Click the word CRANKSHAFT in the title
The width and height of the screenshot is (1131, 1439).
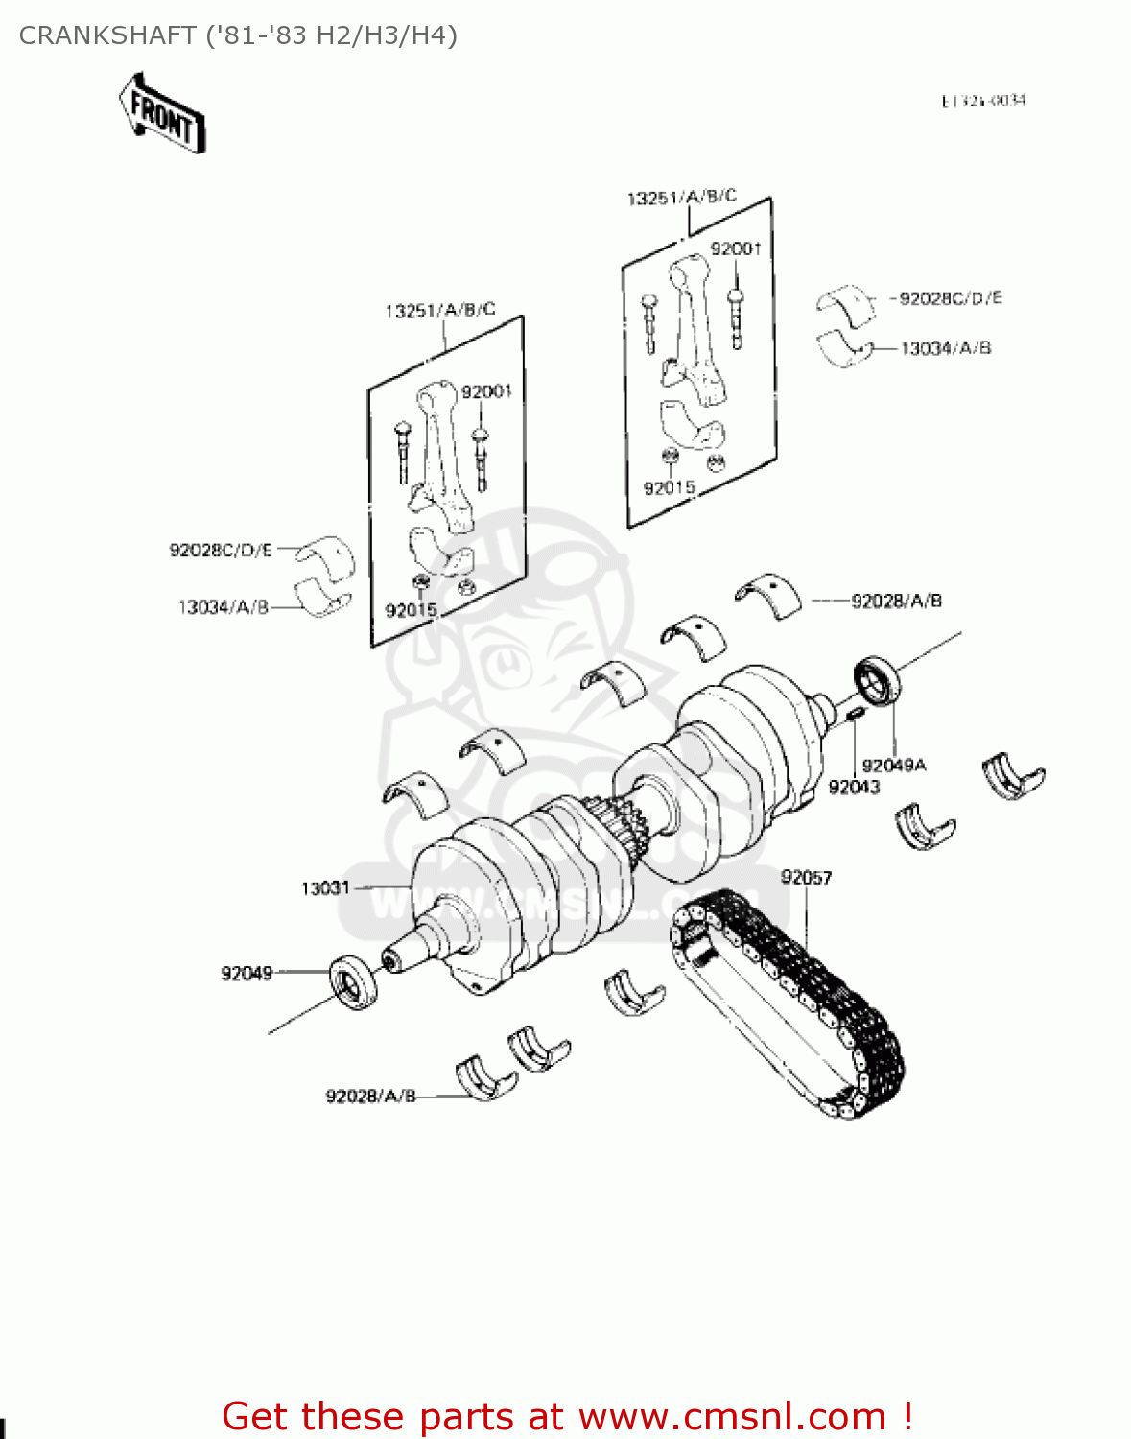(x=107, y=35)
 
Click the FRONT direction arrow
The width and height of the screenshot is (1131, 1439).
(x=162, y=114)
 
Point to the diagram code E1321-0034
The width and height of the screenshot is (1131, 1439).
(x=983, y=101)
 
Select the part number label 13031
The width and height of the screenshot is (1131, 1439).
(x=325, y=888)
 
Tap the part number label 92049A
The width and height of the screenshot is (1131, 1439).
(x=893, y=766)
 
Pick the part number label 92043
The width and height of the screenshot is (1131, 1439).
(x=854, y=788)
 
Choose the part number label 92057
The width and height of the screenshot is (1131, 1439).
(x=806, y=878)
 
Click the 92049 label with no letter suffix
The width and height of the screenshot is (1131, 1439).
(x=247, y=974)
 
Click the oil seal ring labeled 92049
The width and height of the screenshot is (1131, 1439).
(x=353, y=982)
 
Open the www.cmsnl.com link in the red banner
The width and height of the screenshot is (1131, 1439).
(x=732, y=1417)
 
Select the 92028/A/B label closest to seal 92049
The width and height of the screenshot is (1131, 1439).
(x=370, y=1097)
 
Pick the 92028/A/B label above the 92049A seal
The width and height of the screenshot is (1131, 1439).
(x=896, y=602)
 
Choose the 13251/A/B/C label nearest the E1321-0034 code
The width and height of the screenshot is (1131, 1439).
(x=681, y=198)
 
